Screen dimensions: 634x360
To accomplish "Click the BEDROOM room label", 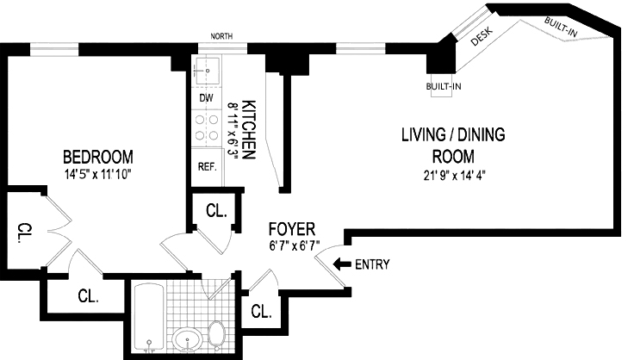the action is tap(98, 157).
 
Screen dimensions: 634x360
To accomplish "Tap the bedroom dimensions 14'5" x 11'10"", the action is tap(98, 175).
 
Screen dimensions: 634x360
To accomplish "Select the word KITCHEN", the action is tap(248, 130).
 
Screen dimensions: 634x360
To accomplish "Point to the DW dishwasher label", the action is tap(206, 98).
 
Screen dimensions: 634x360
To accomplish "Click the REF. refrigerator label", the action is tap(208, 166).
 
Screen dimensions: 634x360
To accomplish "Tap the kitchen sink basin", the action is tap(208, 71).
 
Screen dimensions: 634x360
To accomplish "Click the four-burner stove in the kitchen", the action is tap(207, 127).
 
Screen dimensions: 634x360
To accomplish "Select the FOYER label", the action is tap(292, 229).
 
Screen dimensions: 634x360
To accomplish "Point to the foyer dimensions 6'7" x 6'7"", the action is tap(295, 246).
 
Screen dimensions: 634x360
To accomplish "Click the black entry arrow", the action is tap(342, 264).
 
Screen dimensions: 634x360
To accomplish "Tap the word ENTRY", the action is tap(372, 264).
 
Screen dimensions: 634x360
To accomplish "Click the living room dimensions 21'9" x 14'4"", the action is tap(455, 176).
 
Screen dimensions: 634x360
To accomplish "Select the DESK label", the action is tap(482, 36).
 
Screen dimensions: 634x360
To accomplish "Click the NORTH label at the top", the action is tap(221, 36).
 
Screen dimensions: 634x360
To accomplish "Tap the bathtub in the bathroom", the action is tap(149, 318).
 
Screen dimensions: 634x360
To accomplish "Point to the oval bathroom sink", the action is tap(187, 339).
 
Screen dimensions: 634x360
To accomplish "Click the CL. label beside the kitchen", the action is tap(216, 210).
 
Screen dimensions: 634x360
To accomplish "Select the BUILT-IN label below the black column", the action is tap(444, 86).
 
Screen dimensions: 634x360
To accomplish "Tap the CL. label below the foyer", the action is tap(261, 312).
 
